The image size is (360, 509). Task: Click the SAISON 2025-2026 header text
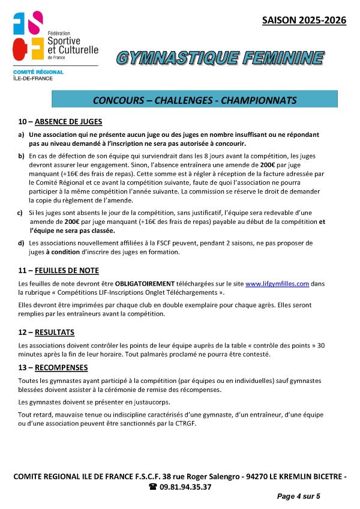click(304, 20)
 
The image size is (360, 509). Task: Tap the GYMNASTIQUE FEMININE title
click(220, 58)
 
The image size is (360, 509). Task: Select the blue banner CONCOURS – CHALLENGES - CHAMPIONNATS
click(195, 99)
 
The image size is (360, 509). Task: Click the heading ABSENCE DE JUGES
click(68, 121)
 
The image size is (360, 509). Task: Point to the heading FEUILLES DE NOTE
click(67, 271)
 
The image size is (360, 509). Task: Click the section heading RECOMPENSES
click(62, 367)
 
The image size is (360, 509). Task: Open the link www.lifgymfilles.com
click(277, 283)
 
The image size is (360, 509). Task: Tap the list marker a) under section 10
click(22, 135)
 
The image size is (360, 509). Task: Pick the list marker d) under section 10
click(22, 243)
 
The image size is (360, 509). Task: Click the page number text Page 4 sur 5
click(299, 496)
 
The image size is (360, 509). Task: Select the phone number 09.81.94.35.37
click(185, 487)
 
